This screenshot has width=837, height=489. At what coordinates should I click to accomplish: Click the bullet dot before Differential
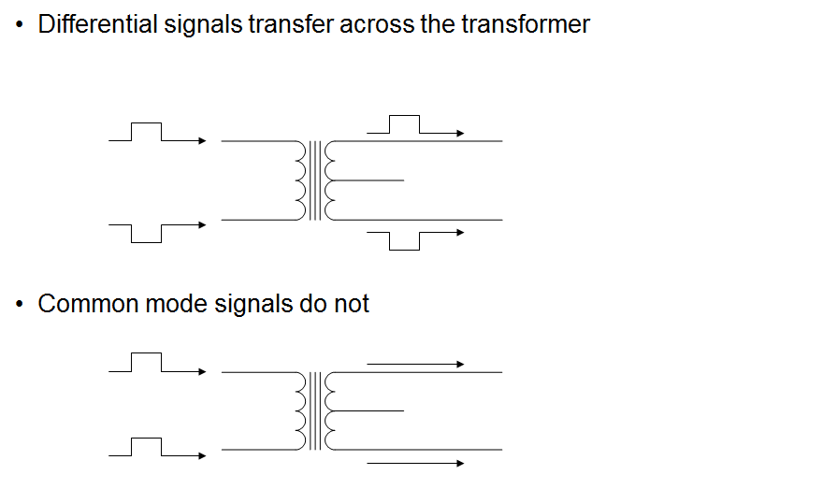[20, 25]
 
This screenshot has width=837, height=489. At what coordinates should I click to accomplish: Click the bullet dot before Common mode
[20, 306]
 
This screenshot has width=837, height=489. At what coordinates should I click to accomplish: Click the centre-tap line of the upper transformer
[369, 180]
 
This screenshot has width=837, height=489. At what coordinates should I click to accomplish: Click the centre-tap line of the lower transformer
[369, 410]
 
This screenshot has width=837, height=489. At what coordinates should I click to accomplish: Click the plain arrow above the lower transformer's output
[415, 364]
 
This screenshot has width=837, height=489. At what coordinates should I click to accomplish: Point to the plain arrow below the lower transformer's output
[415, 463]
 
